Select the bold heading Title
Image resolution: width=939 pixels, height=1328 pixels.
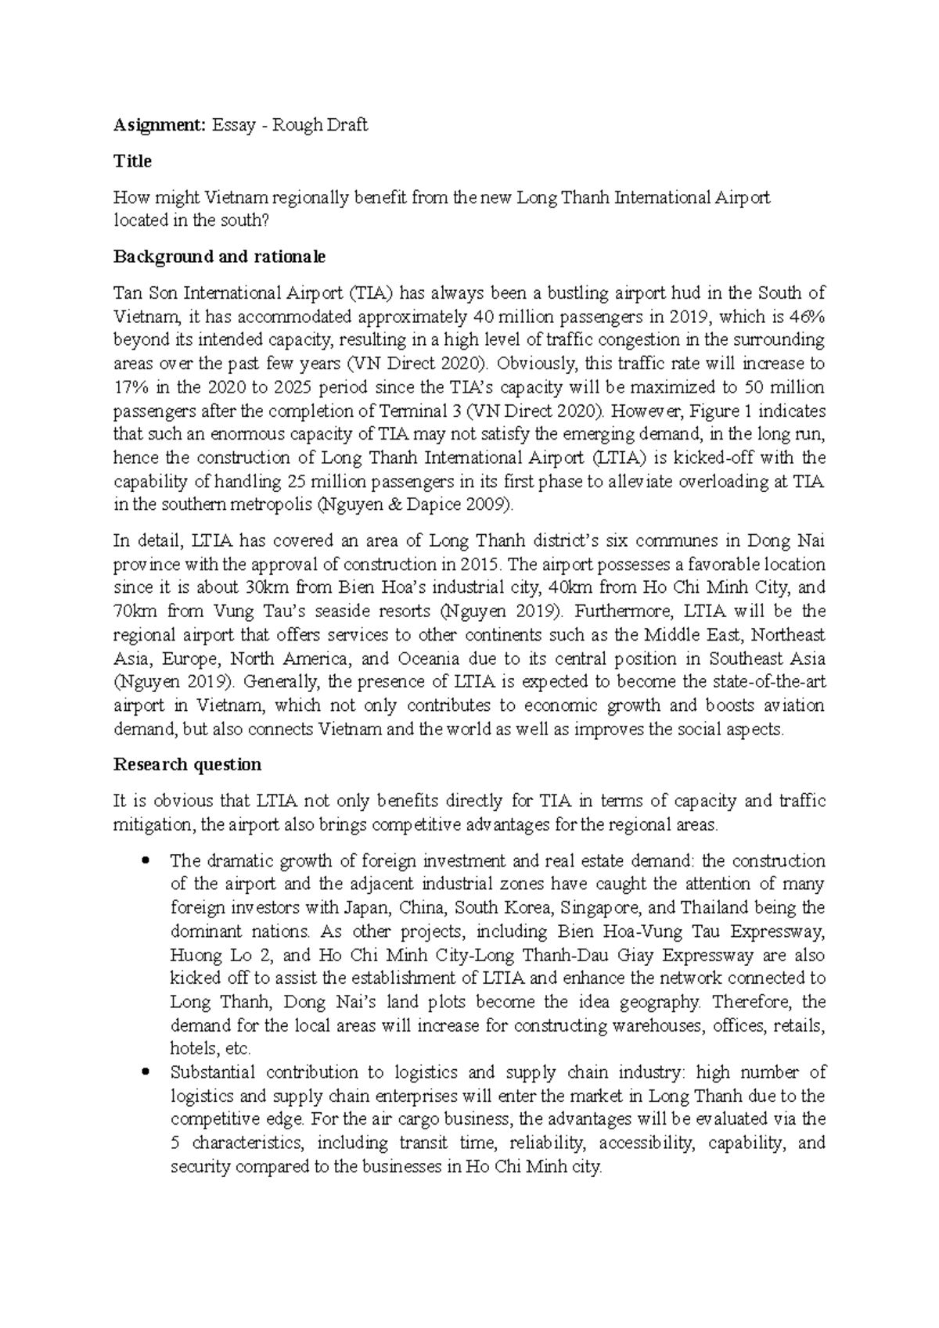pyautogui.click(x=132, y=161)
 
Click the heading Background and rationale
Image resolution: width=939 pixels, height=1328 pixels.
pyautogui.click(x=219, y=257)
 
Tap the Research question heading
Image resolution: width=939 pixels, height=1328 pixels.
pyautogui.click(x=187, y=764)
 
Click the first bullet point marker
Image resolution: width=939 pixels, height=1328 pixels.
pyautogui.click(x=143, y=862)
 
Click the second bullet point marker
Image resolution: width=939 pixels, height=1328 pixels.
pyautogui.click(x=143, y=1073)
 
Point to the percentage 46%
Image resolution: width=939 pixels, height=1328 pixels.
pyautogui.click(x=806, y=317)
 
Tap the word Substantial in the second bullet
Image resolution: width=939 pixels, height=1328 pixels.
pyautogui.click(x=211, y=1073)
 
